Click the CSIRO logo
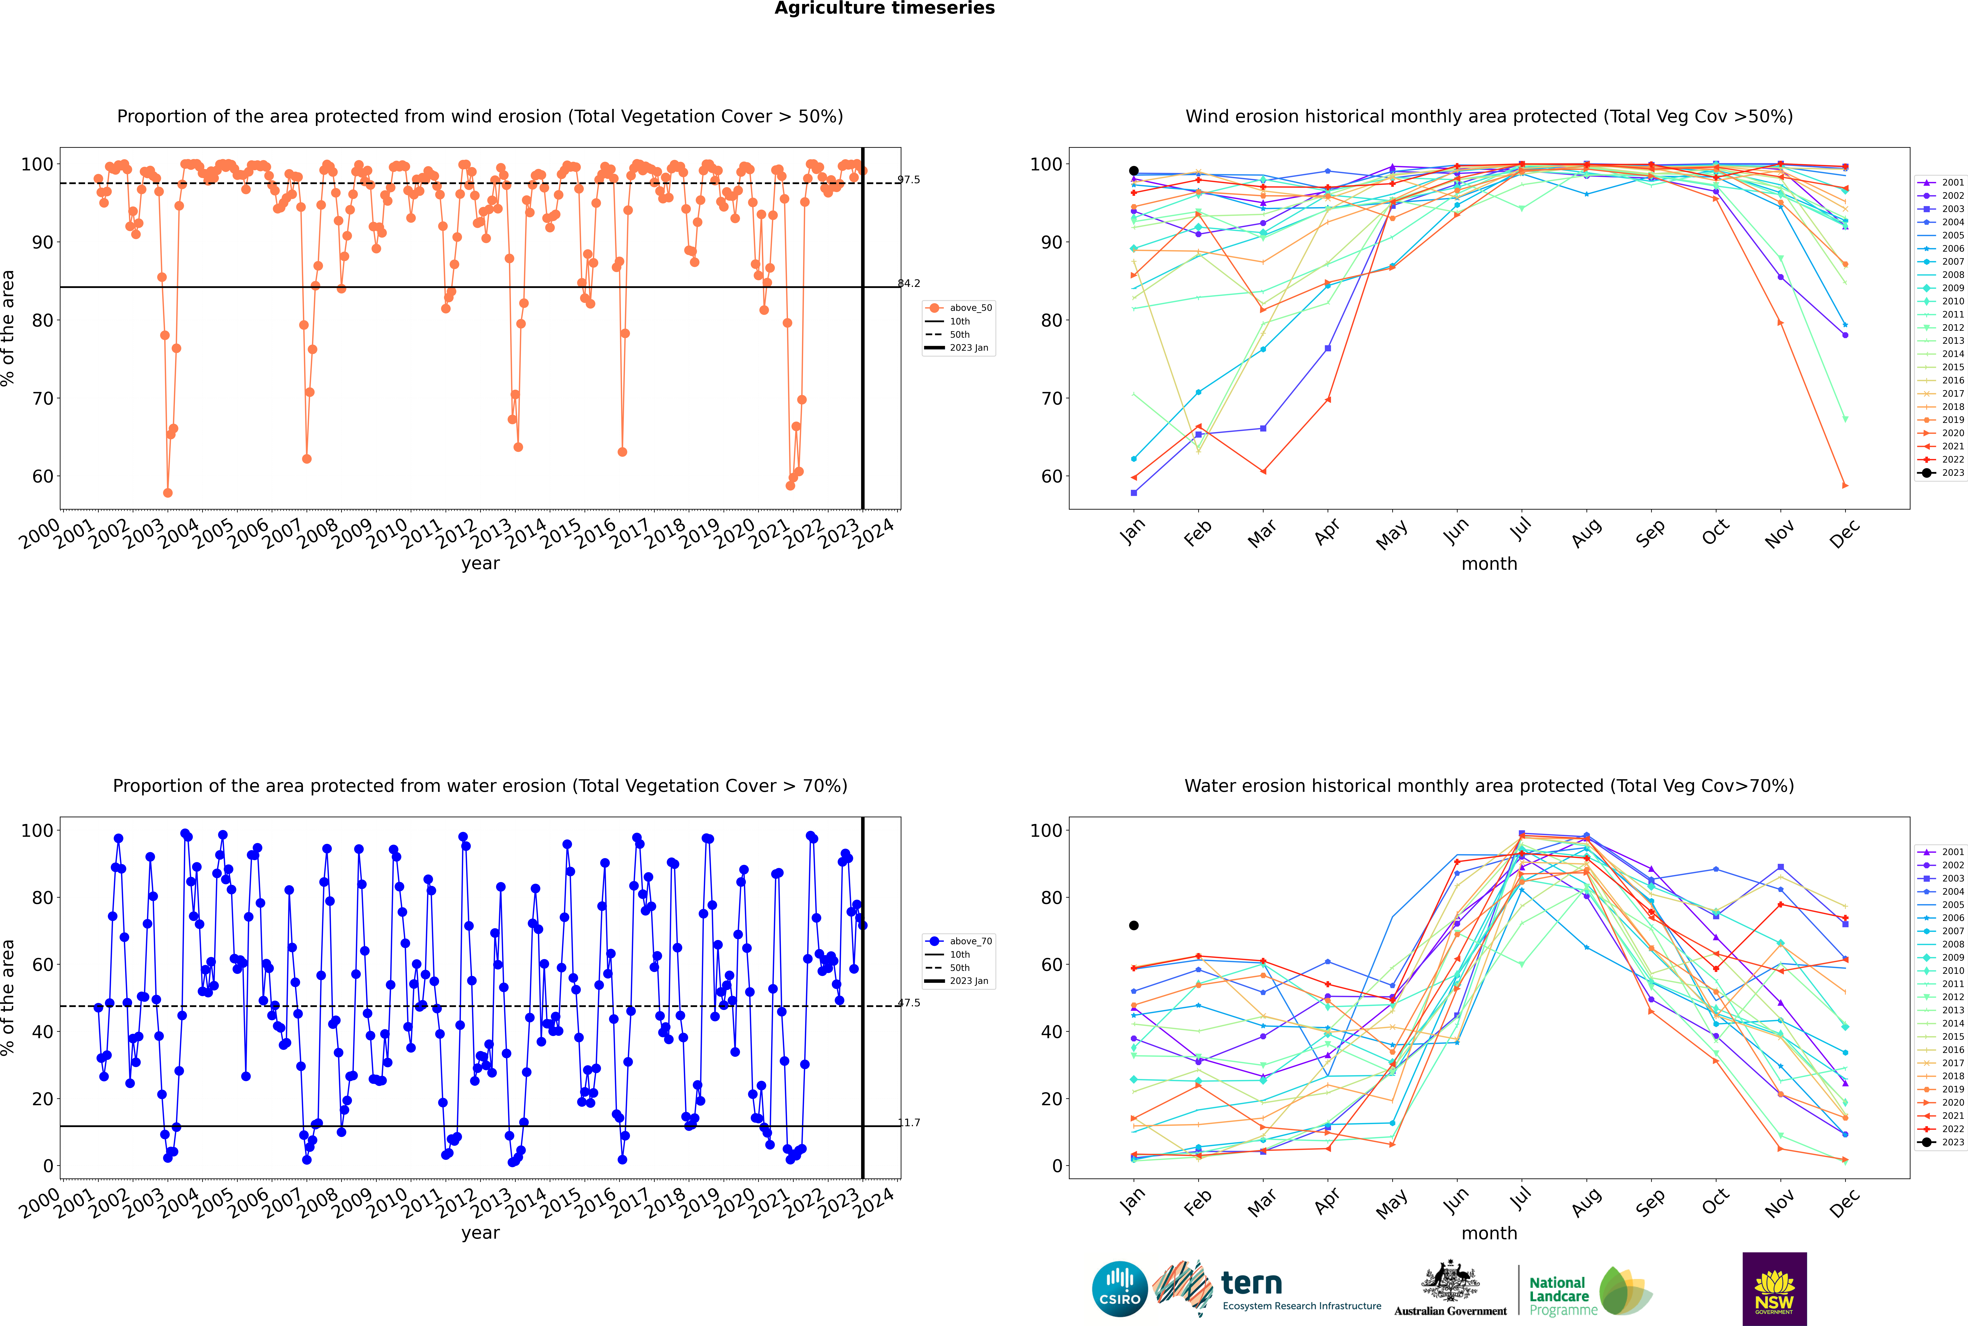pos(1119,1289)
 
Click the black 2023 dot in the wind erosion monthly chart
pos(1134,171)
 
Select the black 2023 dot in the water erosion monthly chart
pos(1134,925)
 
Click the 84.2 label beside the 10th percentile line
pos(909,283)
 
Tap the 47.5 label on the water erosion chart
pos(909,1003)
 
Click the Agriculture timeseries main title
pos(884,8)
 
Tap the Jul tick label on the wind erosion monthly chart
pos(1520,530)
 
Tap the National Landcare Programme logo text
pos(1559,1296)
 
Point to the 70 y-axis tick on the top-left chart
pos(42,398)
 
